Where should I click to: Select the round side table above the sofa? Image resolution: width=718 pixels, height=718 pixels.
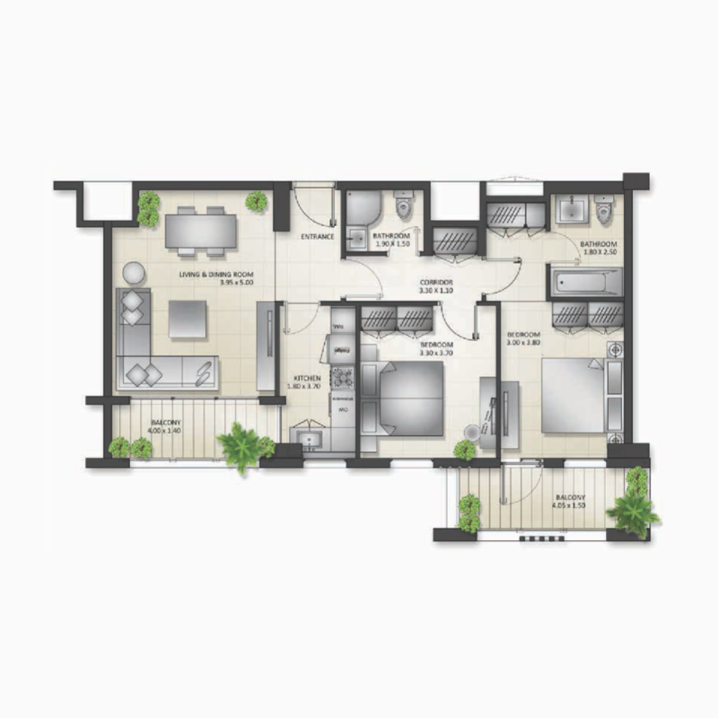[x=132, y=271]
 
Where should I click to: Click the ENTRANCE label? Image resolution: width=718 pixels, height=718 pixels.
[x=318, y=237]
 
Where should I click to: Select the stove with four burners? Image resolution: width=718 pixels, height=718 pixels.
[x=342, y=377]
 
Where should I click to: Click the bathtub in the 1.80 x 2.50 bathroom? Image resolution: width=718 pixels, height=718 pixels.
[x=585, y=285]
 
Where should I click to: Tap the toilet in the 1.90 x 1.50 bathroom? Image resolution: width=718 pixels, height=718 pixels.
[x=402, y=206]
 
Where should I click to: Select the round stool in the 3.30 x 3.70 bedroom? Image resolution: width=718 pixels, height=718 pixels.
[x=465, y=450]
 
